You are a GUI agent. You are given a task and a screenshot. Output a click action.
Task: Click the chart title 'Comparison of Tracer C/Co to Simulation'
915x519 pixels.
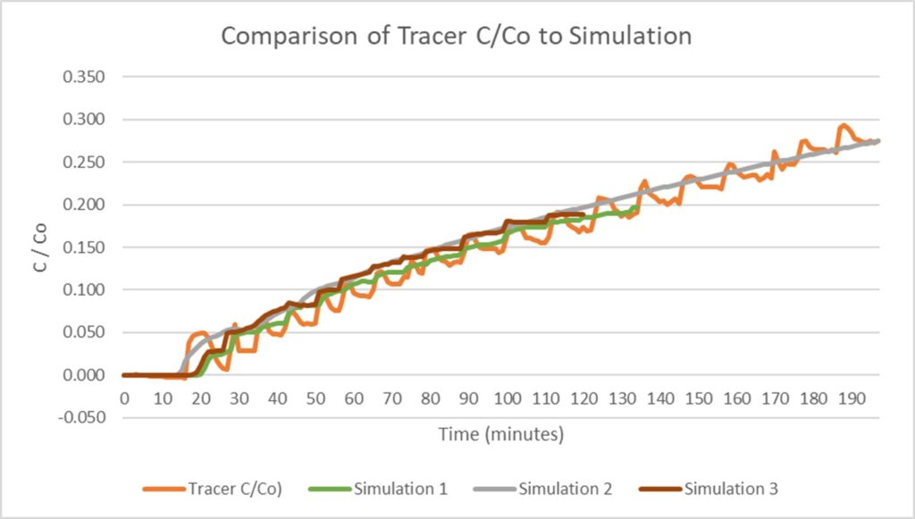pyautogui.click(x=456, y=37)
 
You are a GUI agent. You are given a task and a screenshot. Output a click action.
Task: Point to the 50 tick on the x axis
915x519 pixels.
pyautogui.click(x=315, y=397)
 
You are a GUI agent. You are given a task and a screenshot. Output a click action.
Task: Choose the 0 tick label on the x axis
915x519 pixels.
pyautogui.click(x=124, y=397)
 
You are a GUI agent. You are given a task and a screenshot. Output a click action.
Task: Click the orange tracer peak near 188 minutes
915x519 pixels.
pyautogui.click(x=843, y=126)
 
